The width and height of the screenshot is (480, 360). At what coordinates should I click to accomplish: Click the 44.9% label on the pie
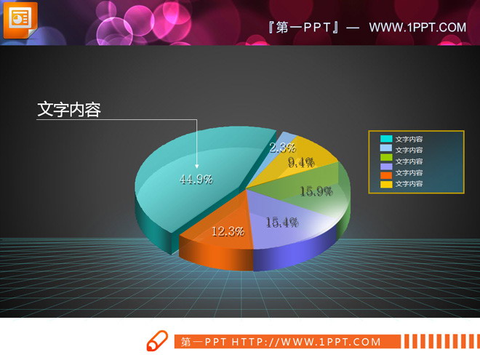196,180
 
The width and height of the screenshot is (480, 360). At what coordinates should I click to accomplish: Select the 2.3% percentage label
282,148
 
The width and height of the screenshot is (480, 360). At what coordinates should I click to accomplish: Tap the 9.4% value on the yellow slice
301,163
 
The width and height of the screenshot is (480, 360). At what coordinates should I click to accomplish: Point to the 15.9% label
316,192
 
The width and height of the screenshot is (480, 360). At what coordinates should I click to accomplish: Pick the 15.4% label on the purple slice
282,223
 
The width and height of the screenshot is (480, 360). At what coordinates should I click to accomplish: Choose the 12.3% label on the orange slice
228,232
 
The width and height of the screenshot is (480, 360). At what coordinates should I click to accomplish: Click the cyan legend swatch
385,139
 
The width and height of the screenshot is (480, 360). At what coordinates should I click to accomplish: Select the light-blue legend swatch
385,150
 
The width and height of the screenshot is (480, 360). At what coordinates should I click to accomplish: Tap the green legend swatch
385,161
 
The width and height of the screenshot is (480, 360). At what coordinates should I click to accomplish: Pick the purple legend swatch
385,172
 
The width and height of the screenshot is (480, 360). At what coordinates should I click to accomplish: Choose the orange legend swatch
385,184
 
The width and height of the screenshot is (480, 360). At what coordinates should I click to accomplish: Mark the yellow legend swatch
385,195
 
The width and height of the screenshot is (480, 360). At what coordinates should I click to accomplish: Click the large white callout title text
69,110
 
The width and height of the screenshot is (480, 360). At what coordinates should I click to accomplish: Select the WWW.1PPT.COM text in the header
417,28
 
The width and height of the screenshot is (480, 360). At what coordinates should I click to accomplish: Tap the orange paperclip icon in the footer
157,341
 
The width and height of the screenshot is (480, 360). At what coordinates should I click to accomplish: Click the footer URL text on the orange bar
281,342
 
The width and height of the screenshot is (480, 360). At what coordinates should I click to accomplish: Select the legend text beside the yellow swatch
409,185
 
